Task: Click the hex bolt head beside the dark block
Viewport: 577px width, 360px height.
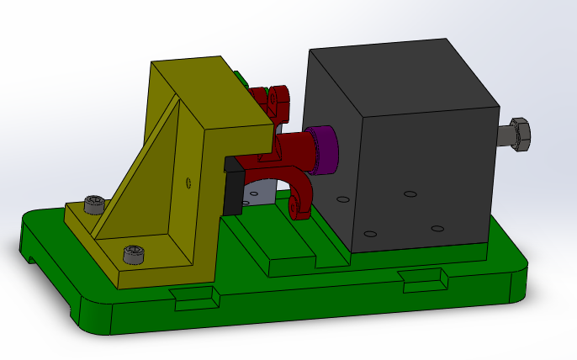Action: pos(518,135)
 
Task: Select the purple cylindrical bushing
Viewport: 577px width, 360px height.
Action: pos(323,150)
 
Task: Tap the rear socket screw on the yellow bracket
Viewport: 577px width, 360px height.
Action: pos(96,204)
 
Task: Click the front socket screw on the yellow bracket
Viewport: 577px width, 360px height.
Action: pos(133,253)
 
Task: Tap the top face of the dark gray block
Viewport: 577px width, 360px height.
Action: pos(395,71)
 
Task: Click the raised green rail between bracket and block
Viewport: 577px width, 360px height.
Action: pos(294,252)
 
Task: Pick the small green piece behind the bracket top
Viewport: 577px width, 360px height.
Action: pos(242,80)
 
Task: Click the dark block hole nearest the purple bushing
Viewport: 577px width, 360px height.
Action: pos(342,199)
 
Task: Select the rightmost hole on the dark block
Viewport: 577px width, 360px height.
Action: pos(437,228)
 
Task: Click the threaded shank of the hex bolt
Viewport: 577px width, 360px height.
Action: pos(502,136)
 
